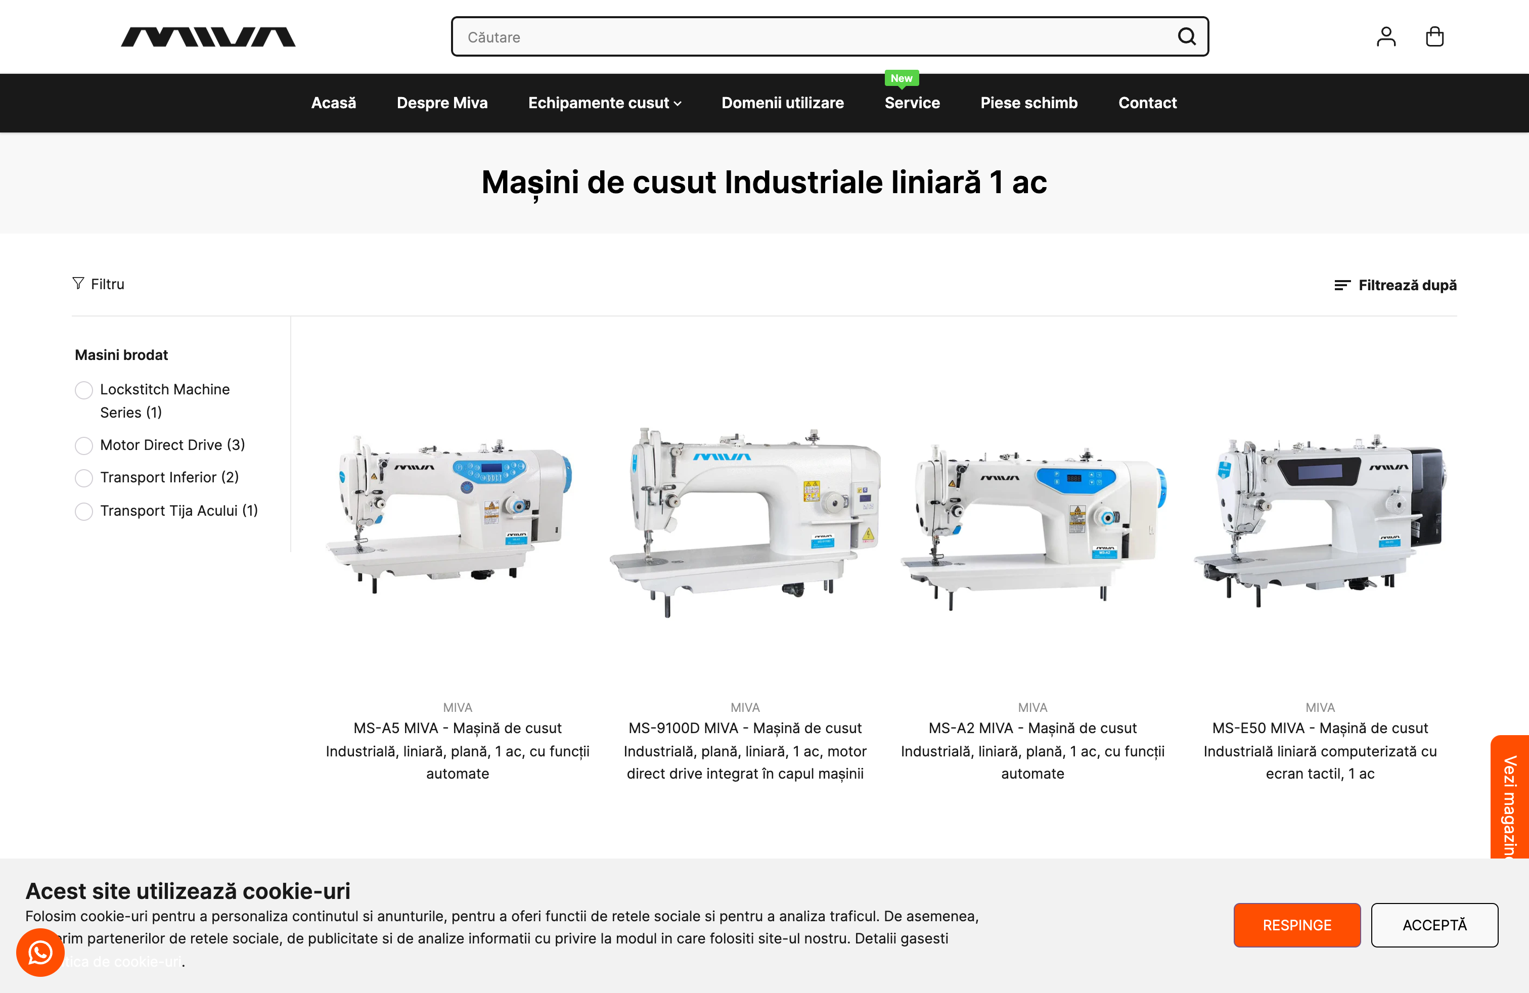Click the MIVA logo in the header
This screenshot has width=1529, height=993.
[208, 37]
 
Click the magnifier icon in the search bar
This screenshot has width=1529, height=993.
[1187, 36]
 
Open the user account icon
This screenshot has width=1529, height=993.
[1386, 36]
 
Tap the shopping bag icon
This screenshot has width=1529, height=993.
[1434, 36]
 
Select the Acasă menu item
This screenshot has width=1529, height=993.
[333, 103]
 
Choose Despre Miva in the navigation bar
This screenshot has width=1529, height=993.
[442, 103]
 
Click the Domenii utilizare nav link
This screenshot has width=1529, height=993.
[783, 103]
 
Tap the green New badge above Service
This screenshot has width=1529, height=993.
[902, 78]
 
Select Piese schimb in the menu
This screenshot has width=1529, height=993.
[1028, 103]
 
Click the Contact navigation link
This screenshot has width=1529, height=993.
[1147, 103]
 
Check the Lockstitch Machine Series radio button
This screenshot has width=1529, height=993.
[83, 390]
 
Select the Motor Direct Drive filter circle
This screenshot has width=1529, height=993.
[83, 445]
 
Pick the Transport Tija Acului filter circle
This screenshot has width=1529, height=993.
[83, 511]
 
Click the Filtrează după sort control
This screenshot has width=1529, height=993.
[1396, 285]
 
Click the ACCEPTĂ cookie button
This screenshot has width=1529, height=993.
[1434, 925]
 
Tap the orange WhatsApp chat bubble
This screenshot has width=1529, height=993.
[40, 953]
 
